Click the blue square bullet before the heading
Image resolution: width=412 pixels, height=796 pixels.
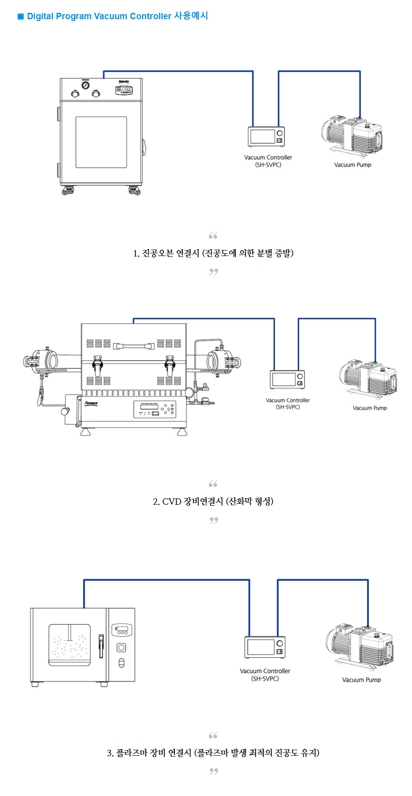[x=21, y=16]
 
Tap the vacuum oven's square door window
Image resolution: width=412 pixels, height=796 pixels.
[x=101, y=142]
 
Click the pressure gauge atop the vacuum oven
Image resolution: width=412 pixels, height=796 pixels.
[x=86, y=85]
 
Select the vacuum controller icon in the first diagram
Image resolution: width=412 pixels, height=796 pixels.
[x=266, y=136]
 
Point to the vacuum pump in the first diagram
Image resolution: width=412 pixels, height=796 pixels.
[x=352, y=135]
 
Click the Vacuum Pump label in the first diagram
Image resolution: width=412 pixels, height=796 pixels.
[x=352, y=165]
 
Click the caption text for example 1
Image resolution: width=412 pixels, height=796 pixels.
[x=213, y=253]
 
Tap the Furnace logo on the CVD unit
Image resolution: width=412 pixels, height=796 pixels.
[x=91, y=403]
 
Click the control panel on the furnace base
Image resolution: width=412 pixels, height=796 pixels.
[x=154, y=409]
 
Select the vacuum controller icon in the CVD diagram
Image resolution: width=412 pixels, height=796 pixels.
[x=287, y=380]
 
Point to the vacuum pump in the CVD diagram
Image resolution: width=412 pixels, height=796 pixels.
[x=368, y=379]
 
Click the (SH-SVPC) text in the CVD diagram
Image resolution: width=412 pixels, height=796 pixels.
[x=287, y=407]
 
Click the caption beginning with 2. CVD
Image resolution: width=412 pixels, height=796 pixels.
[x=213, y=502]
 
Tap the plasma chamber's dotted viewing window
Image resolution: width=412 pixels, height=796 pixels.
[x=70, y=645]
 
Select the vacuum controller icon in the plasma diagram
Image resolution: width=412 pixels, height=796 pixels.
[x=265, y=647]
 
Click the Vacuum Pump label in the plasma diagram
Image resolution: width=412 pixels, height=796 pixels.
[x=361, y=680]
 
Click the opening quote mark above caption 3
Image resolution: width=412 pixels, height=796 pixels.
[x=213, y=735]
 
